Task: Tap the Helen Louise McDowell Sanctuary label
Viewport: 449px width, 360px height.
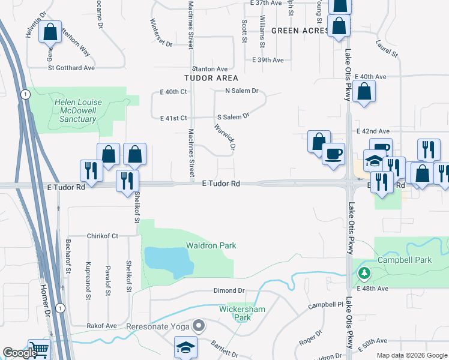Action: (x=78, y=110)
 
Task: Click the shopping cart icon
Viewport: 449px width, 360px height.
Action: (x=39, y=350)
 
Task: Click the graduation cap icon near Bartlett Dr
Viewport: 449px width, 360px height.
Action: (x=186, y=348)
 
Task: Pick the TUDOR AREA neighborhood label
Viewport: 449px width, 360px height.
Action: (x=211, y=78)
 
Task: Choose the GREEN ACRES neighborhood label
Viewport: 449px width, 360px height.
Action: (x=298, y=30)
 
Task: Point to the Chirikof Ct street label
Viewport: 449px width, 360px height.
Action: (x=103, y=236)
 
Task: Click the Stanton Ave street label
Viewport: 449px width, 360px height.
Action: (x=209, y=69)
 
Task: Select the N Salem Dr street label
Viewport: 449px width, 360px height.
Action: (x=241, y=91)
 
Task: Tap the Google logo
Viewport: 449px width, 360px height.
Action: (x=20, y=353)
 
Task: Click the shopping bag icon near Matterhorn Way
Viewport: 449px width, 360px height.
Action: (x=50, y=32)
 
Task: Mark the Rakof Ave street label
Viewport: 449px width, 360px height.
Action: (x=101, y=326)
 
